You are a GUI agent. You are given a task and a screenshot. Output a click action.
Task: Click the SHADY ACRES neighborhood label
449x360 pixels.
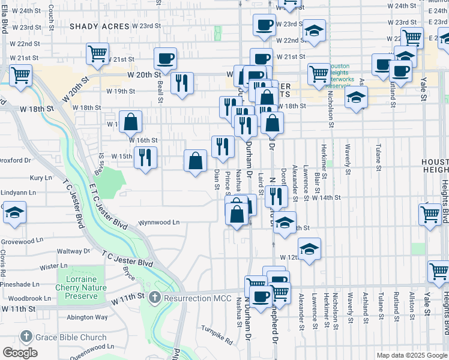click(99, 26)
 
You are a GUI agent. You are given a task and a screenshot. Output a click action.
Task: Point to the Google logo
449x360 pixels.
click(20, 353)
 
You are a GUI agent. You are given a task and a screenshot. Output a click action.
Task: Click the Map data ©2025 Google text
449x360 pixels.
click(411, 355)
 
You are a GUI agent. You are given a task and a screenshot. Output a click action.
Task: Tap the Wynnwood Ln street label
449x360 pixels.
click(159, 222)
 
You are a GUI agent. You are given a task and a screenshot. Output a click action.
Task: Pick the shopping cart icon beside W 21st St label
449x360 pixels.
click(97, 54)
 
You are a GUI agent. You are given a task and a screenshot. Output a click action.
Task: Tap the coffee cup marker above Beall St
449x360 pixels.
click(165, 59)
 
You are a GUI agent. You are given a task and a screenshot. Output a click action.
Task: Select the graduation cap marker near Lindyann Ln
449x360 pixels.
click(15, 213)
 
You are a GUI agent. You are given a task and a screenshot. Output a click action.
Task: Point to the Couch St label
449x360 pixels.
click(51, 10)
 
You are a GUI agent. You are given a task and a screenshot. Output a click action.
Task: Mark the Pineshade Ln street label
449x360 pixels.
click(20, 284)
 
